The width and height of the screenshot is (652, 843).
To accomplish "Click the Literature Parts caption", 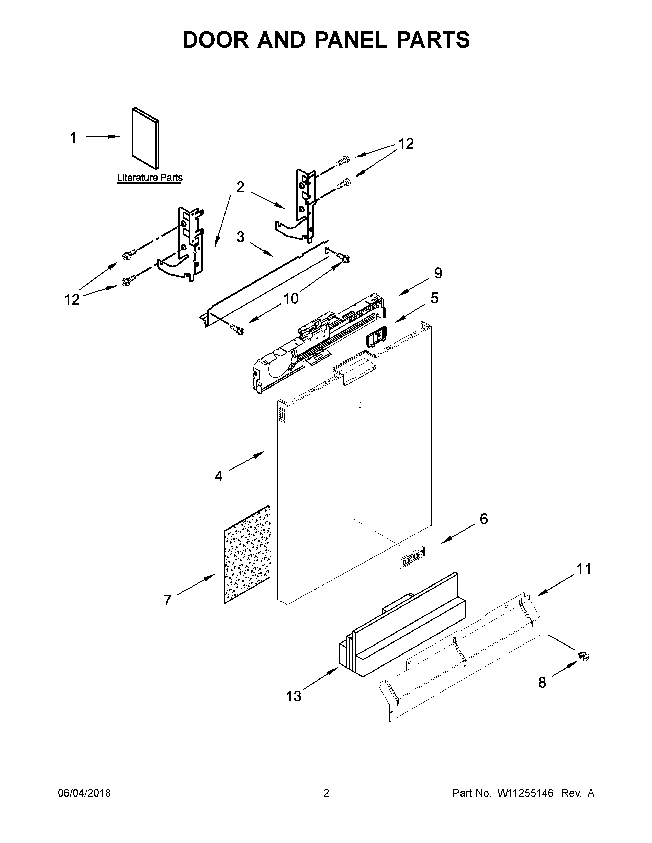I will pos(150,178).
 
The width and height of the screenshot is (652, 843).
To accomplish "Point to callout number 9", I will pos(438,273).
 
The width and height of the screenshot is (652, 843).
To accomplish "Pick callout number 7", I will pos(167,600).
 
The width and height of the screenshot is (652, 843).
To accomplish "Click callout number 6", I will pos(484,519).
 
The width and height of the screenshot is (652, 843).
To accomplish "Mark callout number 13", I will pos(294,697).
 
